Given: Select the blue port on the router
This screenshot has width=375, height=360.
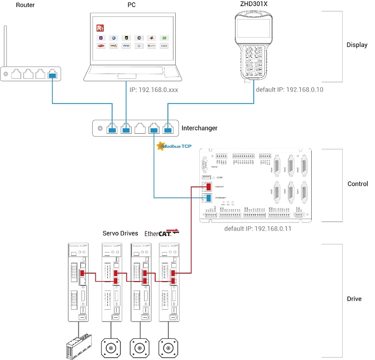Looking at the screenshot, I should (x=52, y=74).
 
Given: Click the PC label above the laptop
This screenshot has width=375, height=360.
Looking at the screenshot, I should (x=133, y=5).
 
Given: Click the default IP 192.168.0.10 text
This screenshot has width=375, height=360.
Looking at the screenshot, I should (x=290, y=89).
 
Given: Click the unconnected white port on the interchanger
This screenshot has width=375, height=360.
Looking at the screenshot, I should (x=140, y=128).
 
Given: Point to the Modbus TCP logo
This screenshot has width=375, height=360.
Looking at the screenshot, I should (x=175, y=146).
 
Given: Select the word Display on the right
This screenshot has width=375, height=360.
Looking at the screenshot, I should (x=357, y=45).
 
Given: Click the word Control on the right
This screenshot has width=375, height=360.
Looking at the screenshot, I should (x=357, y=184).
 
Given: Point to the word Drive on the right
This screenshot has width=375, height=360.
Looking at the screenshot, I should (x=354, y=299).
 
